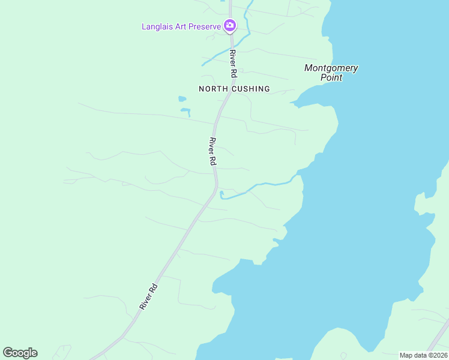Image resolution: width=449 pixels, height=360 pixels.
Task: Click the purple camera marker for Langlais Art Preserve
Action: (229, 26)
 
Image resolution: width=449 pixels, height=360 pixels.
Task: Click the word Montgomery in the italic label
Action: (331, 68)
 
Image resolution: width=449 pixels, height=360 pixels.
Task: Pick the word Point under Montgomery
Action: (331, 77)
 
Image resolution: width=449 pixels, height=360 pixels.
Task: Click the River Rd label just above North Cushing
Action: (233, 64)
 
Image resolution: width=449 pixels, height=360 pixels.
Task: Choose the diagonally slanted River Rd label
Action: (149, 296)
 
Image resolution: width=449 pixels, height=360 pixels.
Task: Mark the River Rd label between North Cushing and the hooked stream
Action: (212, 152)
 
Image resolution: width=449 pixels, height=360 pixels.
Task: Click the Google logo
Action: (20, 353)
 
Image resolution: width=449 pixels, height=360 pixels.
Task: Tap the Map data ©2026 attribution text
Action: (423, 355)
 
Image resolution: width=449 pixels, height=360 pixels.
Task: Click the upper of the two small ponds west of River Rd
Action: (182, 98)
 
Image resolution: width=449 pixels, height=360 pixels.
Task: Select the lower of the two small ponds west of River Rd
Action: (185, 111)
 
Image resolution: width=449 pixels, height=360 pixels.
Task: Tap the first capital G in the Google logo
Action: (8, 353)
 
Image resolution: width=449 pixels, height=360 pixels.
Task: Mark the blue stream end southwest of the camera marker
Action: (203, 64)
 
